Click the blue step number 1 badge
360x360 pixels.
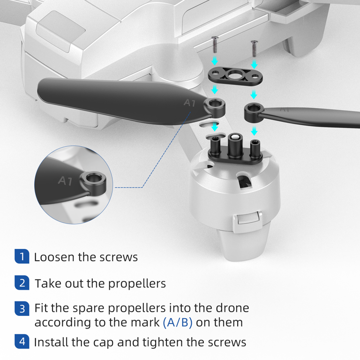(22, 256)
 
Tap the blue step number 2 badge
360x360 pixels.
(22, 283)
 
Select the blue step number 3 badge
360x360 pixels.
(22, 308)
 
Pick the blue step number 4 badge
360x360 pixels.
(22, 341)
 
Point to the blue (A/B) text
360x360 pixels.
(178, 322)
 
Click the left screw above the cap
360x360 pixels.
(215, 45)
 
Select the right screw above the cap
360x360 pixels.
(254, 48)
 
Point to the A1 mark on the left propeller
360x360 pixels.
(190, 103)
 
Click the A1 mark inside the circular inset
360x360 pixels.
(65, 180)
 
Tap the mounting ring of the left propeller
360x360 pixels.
(215, 107)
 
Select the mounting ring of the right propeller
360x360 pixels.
(254, 112)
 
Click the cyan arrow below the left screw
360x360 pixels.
(215, 61)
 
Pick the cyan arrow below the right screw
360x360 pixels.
(254, 64)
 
